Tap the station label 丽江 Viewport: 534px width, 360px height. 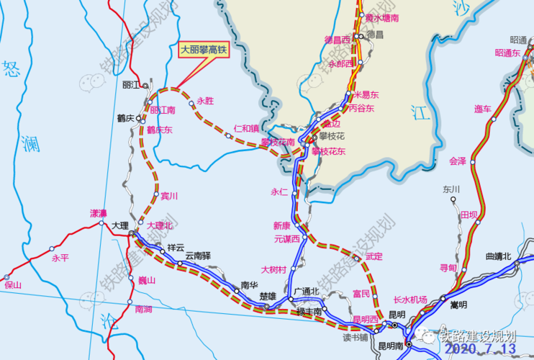131,85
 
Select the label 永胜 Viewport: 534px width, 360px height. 205,102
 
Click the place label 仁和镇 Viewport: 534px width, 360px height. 246,128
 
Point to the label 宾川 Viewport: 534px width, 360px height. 169,195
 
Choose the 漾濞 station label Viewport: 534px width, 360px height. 98,213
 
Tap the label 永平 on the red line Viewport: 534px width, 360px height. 60,258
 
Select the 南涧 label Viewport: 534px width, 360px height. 143,309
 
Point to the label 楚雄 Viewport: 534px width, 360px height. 268,296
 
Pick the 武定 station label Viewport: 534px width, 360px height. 374,256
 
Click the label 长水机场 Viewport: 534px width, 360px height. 410,299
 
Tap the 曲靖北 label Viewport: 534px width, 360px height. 498,256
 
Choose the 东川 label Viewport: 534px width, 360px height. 451,189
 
